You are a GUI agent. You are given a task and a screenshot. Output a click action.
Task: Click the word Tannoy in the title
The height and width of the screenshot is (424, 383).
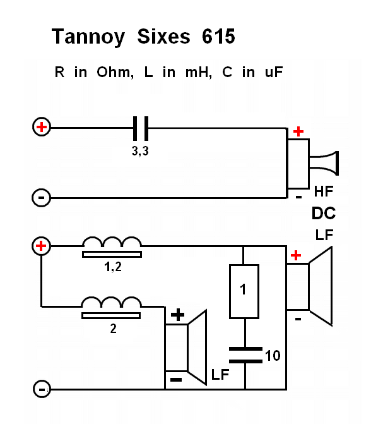coord(89,37)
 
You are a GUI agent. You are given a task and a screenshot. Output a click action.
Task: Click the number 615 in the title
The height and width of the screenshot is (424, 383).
coord(218,37)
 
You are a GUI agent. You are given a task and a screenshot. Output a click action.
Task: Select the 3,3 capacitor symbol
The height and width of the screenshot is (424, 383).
coord(141,128)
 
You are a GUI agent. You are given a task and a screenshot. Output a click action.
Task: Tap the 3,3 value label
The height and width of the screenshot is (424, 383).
coord(141,152)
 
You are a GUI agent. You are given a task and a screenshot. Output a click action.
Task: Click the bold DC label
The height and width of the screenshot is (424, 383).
coord(323,213)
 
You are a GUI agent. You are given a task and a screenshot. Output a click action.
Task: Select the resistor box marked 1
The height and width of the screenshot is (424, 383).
coord(244,291)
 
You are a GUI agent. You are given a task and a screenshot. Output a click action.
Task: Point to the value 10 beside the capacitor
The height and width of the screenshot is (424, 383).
coord(273,356)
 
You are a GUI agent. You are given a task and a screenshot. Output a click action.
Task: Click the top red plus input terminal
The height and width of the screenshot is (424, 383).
coord(41,128)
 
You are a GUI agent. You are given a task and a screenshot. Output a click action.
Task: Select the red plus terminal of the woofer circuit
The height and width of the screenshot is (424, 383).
coord(41,245)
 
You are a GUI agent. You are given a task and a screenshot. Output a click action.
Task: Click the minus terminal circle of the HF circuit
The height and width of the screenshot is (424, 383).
coord(41,198)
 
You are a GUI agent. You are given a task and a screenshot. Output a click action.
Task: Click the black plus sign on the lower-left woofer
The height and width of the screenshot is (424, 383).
coord(179,314)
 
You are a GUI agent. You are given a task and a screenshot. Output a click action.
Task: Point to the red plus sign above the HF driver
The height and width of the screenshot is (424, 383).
coord(298,131)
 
